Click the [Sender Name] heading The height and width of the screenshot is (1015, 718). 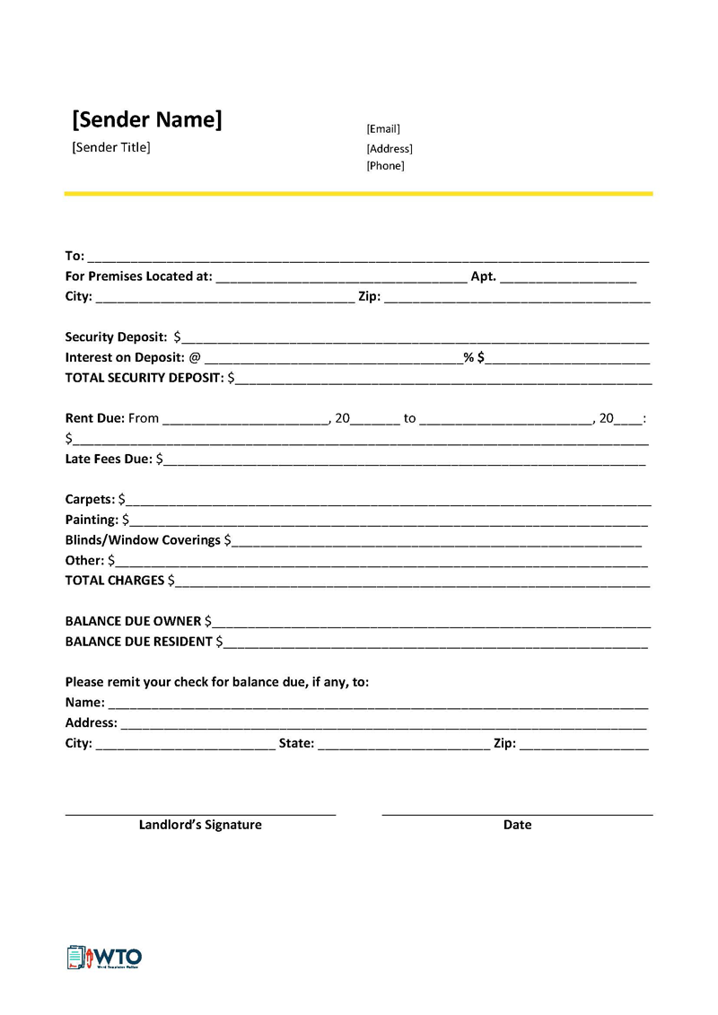146,120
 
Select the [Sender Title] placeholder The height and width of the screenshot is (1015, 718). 111,147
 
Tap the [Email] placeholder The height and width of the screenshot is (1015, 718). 383,129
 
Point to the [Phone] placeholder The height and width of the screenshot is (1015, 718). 385,166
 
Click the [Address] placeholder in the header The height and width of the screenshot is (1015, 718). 390,149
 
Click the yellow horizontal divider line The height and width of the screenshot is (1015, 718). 358,193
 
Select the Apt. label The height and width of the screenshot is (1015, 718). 483,276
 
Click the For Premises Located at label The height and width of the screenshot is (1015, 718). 138,276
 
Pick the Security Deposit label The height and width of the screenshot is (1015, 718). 116,337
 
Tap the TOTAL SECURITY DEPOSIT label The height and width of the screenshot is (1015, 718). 144,378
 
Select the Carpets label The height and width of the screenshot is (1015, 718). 90,499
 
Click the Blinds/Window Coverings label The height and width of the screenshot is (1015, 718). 143,540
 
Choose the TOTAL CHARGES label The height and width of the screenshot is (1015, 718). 115,581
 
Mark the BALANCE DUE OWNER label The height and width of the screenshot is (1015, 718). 133,621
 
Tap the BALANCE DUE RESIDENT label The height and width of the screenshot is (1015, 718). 139,642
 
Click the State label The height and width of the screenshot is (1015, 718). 296,743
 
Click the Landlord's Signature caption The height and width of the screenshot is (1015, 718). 200,825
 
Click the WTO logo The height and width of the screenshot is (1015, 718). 104,957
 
